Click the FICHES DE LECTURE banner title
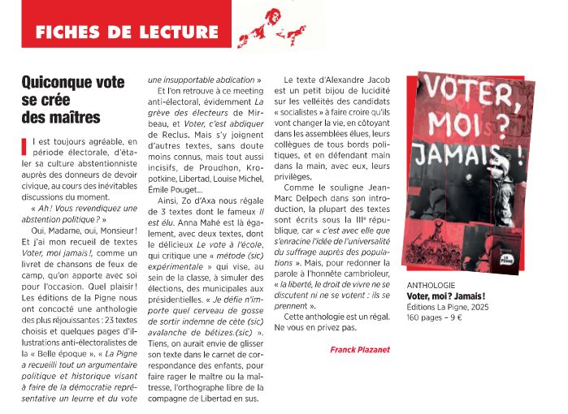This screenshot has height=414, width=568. tap(127, 33)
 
